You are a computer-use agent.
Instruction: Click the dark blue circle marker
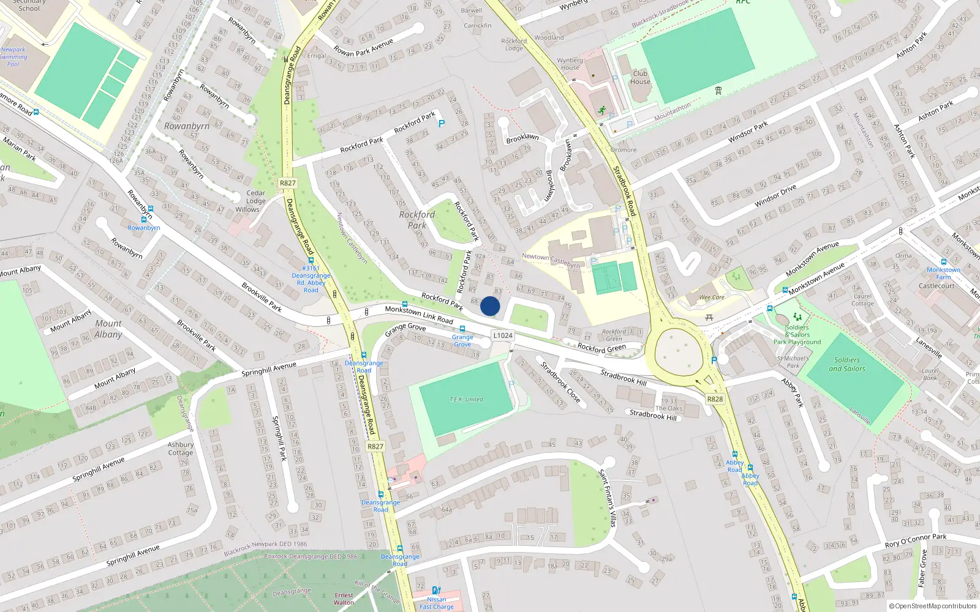pyautogui.click(x=490, y=306)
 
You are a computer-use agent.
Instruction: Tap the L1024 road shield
pyautogui.click(x=503, y=335)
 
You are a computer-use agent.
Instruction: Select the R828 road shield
pyautogui.click(x=715, y=399)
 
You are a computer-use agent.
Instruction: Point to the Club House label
pyautogui.click(x=640, y=78)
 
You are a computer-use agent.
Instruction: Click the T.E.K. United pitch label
pyautogui.click(x=466, y=400)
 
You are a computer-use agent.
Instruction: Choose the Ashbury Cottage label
pyautogui.click(x=181, y=449)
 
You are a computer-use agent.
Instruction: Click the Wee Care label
pyautogui.click(x=712, y=297)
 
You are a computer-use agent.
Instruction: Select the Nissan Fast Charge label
pyautogui.click(x=437, y=603)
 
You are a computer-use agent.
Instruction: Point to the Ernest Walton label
pyautogui.click(x=344, y=599)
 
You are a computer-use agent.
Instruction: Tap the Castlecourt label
pyautogui.click(x=937, y=286)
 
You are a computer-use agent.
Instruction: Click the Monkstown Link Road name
pyautogui.click(x=419, y=315)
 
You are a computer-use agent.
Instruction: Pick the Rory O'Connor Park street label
pyautogui.click(x=915, y=540)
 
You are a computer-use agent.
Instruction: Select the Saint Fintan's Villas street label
pyautogui.click(x=608, y=497)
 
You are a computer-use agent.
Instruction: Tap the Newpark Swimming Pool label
pyautogui.click(x=13, y=57)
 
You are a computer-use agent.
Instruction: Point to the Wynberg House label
pyautogui.click(x=570, y=64)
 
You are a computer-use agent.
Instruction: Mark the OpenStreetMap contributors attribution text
pyautogui.click(x=933, y=606)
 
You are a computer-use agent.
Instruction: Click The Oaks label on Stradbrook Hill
pyautogui.click(x=668, y=408)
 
